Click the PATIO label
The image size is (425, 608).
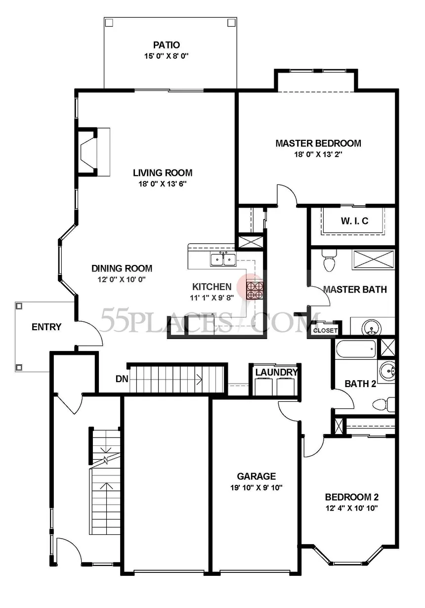point(167,45)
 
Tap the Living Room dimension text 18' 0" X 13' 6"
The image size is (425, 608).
point(163,184)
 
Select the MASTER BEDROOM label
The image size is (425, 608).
point(318,143)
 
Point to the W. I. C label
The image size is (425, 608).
point(354,220)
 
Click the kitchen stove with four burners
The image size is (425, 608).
point(255,290)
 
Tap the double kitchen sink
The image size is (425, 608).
point(223,259)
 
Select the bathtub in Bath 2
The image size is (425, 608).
point(356,349)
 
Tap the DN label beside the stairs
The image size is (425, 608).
point(122,379)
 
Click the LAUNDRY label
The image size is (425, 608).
point(276,372)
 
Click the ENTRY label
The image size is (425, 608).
point(46,327)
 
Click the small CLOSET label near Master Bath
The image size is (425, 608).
point(325,330)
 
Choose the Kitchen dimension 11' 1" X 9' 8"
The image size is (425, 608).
point(212,298)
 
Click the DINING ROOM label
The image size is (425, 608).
point(122,268)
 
